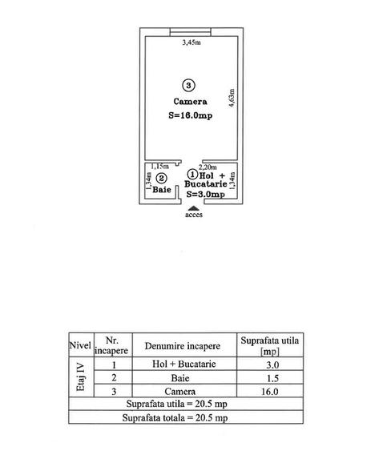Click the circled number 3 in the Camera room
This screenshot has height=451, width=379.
tap(188, 85)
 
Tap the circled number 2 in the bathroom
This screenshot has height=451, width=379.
tap(161, 179)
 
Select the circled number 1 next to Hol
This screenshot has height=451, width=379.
tap(192, 175)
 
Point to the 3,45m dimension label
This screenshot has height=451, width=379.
tap(192, 42)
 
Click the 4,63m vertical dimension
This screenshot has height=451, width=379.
tap(232, 98)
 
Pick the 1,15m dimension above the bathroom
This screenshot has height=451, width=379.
tap(160, 167)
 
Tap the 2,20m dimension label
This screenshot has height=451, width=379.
tap(208, 167)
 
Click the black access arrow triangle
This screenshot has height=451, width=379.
tap(194, 208)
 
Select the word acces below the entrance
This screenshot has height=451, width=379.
tap(194, 215)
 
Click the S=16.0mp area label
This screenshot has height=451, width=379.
tap(191, 115)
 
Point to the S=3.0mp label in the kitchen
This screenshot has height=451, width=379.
tap(205, 194)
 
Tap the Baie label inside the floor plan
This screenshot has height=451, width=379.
tap(162, 190)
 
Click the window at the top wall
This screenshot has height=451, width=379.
tap(191, 31)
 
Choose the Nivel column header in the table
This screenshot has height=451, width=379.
tap(80, 345)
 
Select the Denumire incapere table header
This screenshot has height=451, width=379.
tap(183, 346)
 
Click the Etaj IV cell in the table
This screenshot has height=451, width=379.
tap(81, 377)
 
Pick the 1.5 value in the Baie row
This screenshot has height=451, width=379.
tap(272, 378)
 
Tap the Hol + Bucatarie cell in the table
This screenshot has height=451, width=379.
tap(184, 364)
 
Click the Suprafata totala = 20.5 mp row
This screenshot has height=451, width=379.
tap(175, 417)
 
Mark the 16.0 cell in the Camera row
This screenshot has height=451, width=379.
tap(270, 392)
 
